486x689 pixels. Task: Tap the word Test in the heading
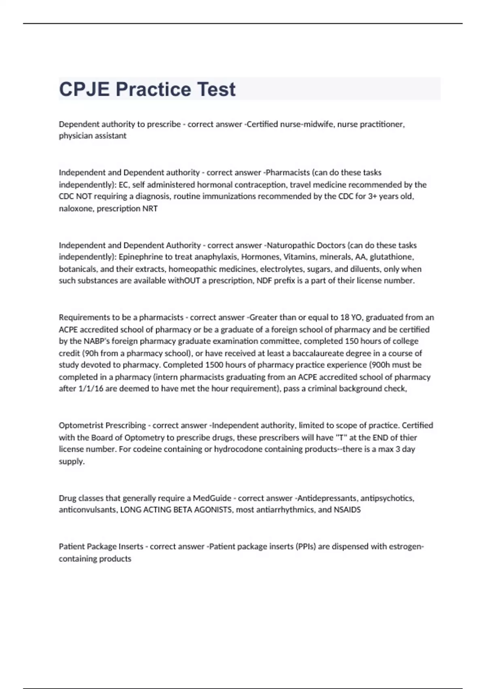pyautogui.click(x=217, y=90)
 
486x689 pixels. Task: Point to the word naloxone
pyautogui.click(x=76, y=209)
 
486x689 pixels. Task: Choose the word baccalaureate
pyautogui.click(x=318, y=353)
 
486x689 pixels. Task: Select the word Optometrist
pyautogui.click(x=81, y=426)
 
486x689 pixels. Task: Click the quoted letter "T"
pyautogui.click(x=330, y=438)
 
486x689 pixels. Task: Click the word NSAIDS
pyautogui.click(x=347, y=510)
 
